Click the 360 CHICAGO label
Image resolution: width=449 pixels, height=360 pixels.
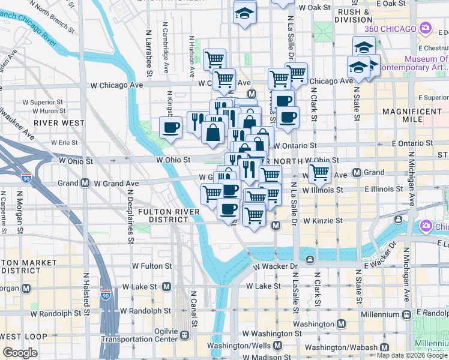[390, 29]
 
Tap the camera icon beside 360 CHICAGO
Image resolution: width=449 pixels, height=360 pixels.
[426, 28]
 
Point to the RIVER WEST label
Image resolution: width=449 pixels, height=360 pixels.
[59, 122]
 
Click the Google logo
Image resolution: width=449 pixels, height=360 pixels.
[20, 353]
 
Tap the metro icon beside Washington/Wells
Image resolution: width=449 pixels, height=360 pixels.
[277, 346]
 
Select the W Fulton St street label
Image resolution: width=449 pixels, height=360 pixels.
[152, 265]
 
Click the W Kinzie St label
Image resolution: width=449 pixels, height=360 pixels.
[323, 221]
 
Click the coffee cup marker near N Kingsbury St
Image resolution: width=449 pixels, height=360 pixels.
[171, 127]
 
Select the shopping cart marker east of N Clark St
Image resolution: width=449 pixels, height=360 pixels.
[321, 173]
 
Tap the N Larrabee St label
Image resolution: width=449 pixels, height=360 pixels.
[148, 54]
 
